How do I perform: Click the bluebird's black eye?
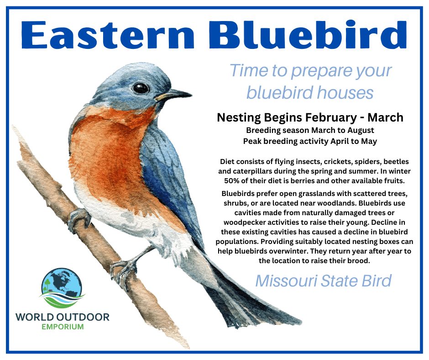pyautogui.click(x=141, y=88)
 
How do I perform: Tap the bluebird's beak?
pyautogui.click(x=174, y=95)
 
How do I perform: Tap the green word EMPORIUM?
pyautogui.click(x=63, y=327)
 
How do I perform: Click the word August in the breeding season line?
pyautogui.click(x=361, y=130)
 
